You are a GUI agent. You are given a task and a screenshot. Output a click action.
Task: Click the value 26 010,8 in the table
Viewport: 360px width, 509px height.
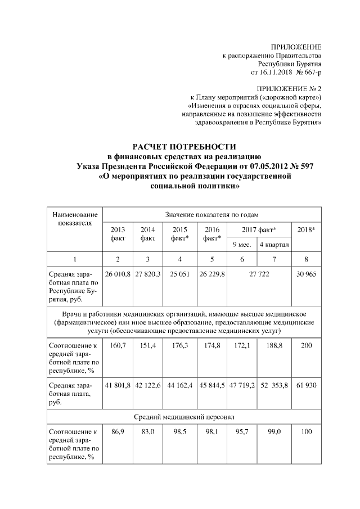click(118, 273)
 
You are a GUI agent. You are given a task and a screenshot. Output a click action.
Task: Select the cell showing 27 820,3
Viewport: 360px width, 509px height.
click(148, 273)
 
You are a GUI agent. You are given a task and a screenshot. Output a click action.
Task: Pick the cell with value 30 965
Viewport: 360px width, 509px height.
click(307, 273)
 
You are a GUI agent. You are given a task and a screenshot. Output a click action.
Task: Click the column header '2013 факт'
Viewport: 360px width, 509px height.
click(118, 234)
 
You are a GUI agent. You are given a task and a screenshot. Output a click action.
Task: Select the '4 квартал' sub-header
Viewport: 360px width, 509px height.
click(274, 245)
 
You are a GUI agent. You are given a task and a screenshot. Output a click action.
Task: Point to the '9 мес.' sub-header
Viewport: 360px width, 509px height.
click(242, 245)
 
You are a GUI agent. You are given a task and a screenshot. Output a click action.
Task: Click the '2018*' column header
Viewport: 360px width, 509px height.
click(307, 230)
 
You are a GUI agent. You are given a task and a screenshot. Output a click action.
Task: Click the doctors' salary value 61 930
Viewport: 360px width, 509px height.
click(307, 385)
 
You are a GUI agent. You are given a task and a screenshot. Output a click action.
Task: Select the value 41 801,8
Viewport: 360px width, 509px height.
click(118, 385)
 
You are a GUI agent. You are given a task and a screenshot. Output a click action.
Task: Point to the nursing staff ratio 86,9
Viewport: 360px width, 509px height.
click(118, 432)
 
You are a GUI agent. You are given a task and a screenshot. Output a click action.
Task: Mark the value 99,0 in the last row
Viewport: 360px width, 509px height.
click(274, 432)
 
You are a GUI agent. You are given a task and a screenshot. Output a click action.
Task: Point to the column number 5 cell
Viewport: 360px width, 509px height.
click(211, 259)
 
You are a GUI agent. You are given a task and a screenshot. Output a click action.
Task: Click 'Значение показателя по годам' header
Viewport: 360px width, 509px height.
click(212, 214)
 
